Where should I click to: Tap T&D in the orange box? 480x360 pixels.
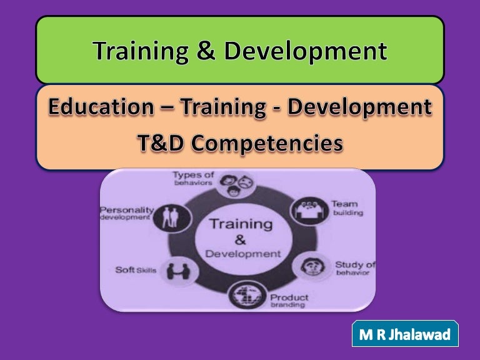161,144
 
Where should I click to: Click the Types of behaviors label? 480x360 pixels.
193,179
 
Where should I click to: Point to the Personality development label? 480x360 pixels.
125,214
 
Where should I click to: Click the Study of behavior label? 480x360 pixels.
354,268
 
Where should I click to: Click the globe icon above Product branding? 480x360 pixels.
244,294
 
